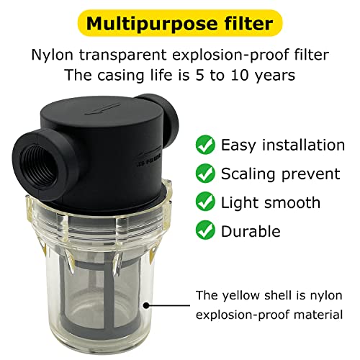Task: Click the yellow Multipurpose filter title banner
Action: pos(179,23)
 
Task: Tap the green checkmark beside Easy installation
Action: pos(205,145)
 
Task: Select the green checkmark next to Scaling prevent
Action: pos(205,174)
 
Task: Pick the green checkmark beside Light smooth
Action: pos(205,203)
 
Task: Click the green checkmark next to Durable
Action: pos(205,231)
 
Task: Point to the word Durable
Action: pos(251,231)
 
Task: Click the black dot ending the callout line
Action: pos(148,304)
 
